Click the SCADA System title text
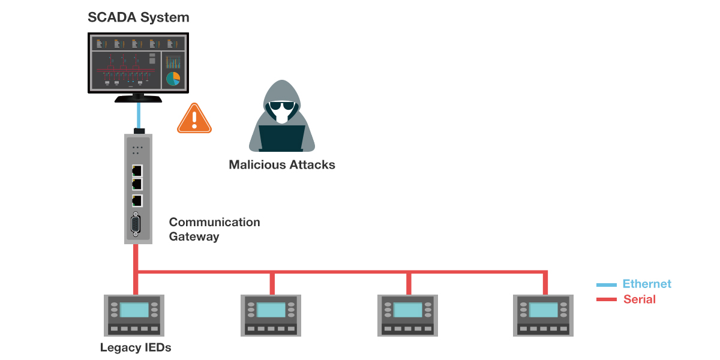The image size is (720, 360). coord(139,17)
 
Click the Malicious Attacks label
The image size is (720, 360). coord(282,164)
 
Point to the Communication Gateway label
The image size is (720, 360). coord(214,229)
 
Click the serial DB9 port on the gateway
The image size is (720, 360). coord(136,226)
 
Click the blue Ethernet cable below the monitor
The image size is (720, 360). coord(139,115)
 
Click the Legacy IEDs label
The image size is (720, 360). coord(136,347)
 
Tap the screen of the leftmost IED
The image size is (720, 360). coord(134,310)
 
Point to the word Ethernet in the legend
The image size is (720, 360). coord(647,284)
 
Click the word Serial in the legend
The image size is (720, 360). coord(640,299)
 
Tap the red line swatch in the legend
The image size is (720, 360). coord(607,299)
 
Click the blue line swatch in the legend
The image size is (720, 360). coord(607,284)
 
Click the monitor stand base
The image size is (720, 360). coord(138,99)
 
